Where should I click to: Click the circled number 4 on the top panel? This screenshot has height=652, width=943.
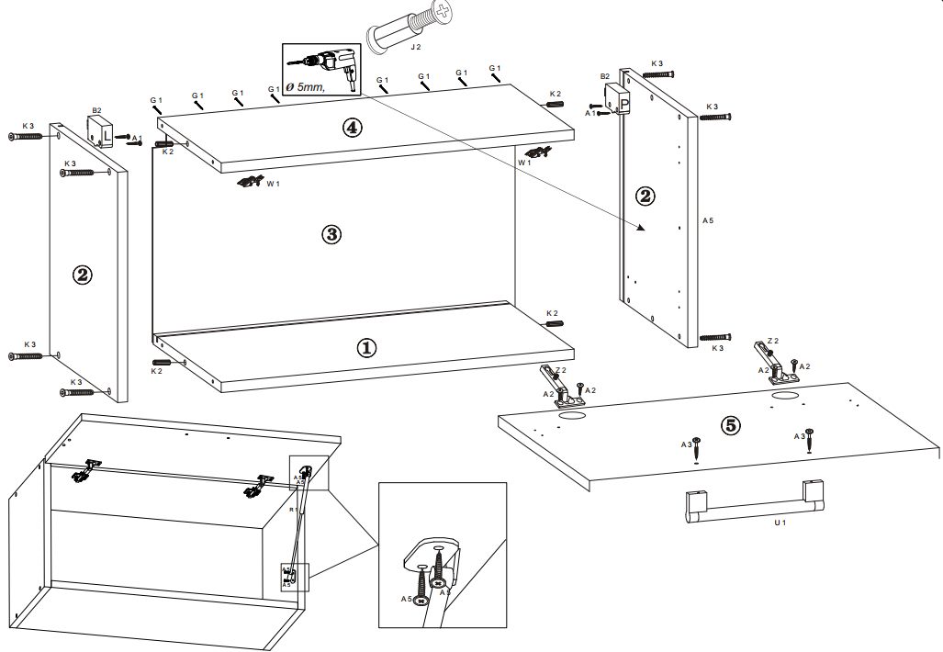[353, 128]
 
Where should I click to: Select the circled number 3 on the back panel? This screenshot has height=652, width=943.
[332, 234]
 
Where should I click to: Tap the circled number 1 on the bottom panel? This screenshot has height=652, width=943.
[366, 347]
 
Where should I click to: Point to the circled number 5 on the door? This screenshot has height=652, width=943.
[730, 425]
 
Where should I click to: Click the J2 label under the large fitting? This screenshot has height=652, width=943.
[415, 46]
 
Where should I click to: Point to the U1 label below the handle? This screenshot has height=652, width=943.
[780, 523]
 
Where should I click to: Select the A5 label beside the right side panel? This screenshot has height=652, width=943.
[708, 221]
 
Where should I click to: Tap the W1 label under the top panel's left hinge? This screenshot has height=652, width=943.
[273, 184]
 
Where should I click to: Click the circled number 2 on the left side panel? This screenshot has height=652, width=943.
[83, 275]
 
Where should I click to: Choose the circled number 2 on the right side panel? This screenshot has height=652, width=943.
[646, 196]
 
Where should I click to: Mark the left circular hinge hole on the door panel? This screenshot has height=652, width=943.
[572, 415]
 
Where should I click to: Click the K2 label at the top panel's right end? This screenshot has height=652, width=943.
[555, 94]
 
